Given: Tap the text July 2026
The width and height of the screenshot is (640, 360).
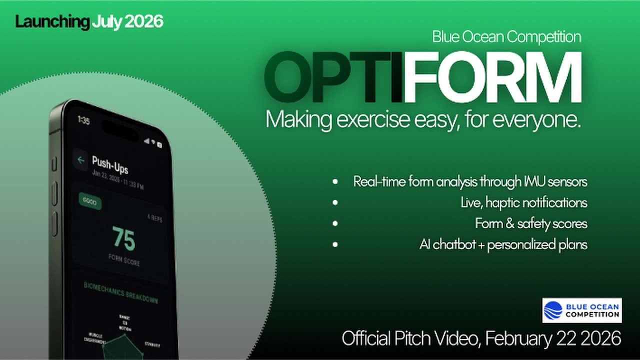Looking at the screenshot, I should [127, 22].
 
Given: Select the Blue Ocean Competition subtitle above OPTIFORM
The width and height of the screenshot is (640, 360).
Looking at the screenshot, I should [506, 36].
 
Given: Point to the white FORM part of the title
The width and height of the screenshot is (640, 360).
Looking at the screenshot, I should [492, 77].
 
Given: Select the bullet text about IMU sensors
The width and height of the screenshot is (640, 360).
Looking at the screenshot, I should [470, 181].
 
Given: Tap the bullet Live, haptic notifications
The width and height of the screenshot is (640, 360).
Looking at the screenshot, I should [523, 202].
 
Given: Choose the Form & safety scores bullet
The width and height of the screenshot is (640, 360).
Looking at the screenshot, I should [531, 223].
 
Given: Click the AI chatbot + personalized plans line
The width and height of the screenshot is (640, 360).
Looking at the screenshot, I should [503, 245].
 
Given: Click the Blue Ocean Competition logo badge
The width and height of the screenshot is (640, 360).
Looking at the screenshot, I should [582, 310].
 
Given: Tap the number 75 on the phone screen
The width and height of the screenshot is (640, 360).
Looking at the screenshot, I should [123, 239].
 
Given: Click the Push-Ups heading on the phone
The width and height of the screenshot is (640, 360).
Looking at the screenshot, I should [109, 164].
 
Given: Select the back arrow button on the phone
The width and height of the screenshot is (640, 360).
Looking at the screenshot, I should [80, 160].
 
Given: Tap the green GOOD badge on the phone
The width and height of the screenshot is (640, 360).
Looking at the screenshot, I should [90, 202].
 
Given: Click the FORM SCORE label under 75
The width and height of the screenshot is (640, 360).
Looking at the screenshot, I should [124, 260].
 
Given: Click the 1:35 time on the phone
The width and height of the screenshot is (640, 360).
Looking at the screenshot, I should [83, 120].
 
